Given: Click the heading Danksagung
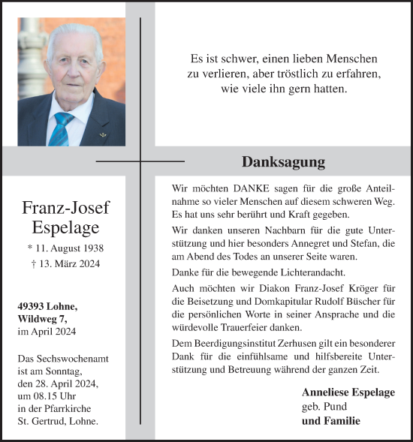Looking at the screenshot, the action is point(283,162).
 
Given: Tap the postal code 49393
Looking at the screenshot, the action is point(35,307).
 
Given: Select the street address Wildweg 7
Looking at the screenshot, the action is point(45,319).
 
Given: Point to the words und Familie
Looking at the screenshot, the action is point(330,421).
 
